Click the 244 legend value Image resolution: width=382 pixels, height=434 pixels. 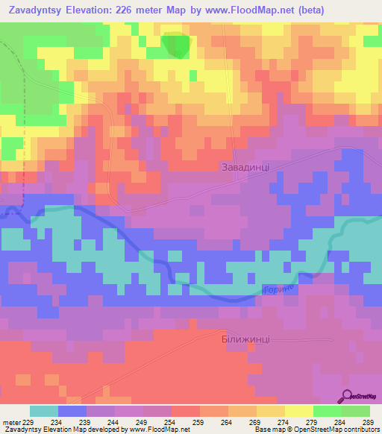(111, 421)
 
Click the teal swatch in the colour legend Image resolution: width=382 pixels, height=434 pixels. (44, 411)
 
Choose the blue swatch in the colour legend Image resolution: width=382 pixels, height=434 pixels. (72, 411)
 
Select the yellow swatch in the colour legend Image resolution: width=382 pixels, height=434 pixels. (299, 411)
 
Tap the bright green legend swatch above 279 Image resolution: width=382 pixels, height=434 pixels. (328, 411)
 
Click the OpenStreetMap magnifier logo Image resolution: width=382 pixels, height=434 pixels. (348, 396)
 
